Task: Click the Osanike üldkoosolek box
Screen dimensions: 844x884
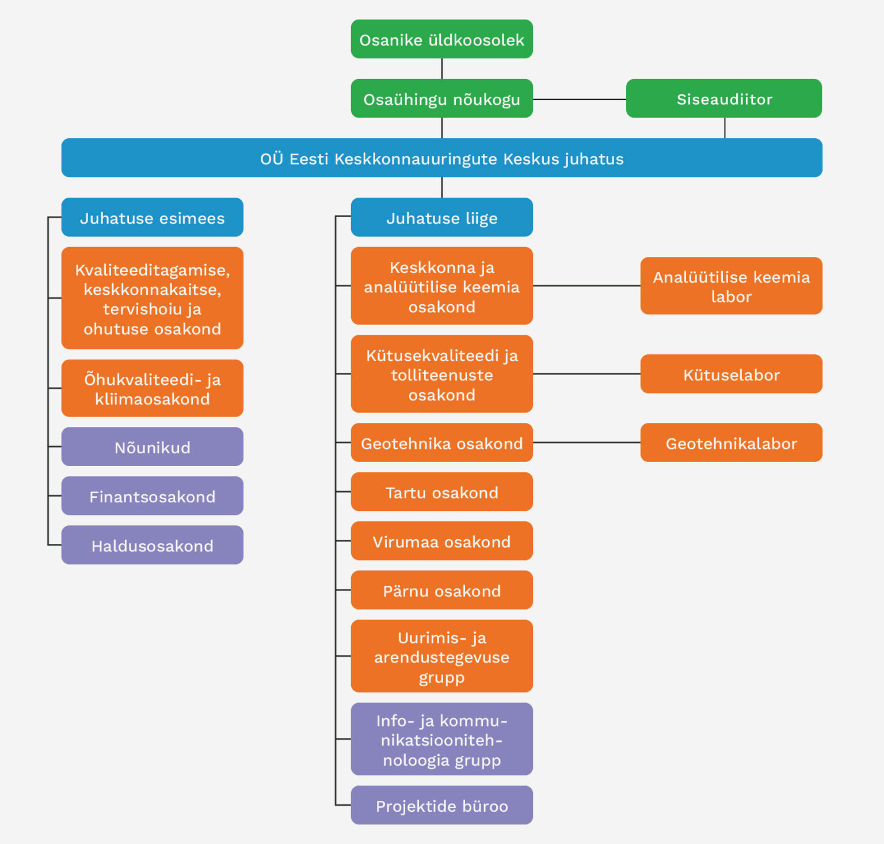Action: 441,39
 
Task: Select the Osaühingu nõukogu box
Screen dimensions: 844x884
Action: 441,99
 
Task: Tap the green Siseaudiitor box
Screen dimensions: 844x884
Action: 723,99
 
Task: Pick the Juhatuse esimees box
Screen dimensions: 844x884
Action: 152,217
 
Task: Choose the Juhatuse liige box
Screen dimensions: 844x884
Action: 441,217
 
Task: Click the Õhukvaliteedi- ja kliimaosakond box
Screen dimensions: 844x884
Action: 152,388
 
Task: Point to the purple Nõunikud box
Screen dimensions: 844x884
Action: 152,446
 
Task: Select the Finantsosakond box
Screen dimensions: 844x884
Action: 152,496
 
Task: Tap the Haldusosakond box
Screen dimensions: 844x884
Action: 152,545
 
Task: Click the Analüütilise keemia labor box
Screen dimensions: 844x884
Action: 731,286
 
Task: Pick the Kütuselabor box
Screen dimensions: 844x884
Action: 731,374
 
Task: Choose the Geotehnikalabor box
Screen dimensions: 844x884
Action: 731,442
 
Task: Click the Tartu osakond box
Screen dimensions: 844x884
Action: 441,492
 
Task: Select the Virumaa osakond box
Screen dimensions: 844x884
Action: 441,541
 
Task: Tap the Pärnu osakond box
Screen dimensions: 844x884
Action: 441,590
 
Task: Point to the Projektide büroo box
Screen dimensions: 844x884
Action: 441,805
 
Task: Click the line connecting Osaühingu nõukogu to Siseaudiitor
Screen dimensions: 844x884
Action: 579,99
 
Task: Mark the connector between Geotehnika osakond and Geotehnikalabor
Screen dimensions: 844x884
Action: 586,442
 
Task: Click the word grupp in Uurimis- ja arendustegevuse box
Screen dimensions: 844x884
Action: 441,678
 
